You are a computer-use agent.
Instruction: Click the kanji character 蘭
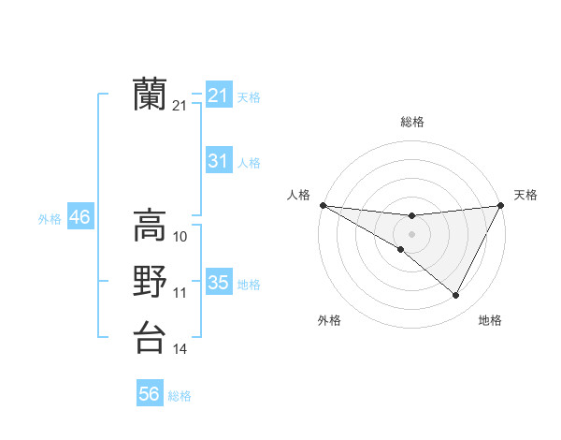[150, 95]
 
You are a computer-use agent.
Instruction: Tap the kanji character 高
[150, 225]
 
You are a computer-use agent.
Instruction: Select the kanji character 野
[150, 281]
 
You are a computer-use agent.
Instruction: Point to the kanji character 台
[150, 336]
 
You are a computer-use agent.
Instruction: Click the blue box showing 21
[218, 95]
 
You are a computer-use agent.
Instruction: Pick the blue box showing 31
[218, 161]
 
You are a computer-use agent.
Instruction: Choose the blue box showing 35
[218, 283]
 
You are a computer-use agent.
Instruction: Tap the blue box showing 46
[79, 218]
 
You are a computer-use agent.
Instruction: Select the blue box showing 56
[149, 394]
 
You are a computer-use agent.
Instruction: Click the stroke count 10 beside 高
[180, 237]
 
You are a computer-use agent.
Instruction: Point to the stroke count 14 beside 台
[180, 349]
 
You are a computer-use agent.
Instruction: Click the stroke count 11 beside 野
[180, 293]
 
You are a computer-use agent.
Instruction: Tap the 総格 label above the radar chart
[411, 122]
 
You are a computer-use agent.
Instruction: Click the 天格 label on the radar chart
[525, 195]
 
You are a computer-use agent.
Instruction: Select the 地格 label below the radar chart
[490, 320]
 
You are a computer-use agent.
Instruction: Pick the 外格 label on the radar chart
[329, 320]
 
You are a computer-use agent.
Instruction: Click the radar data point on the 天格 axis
[501, 205]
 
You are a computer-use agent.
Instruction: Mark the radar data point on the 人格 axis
[322, 205]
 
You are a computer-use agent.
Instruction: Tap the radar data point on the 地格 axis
[456, 296]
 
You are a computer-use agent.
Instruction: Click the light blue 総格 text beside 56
[180, 396]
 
